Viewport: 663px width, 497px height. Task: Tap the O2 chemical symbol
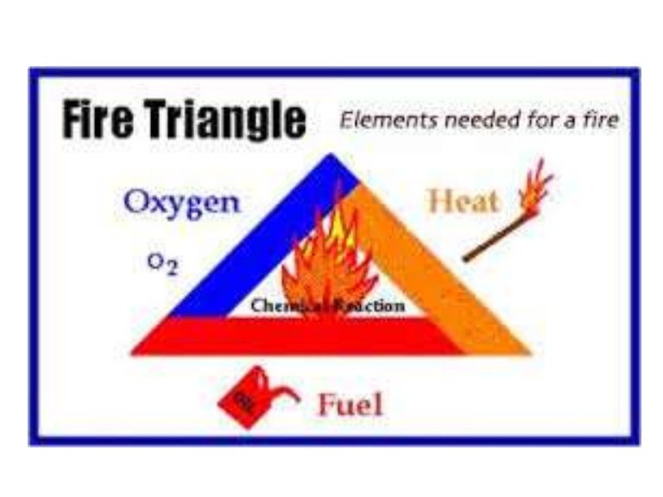[161, 264]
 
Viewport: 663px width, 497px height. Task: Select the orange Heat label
[464, 202]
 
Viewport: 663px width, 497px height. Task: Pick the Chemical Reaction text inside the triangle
[327, 306]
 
